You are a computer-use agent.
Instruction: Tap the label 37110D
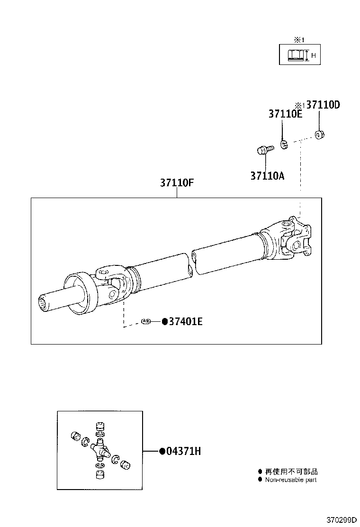pos(323,105)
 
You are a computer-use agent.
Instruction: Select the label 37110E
pos(285,114)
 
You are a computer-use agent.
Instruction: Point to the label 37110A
pos(267,176)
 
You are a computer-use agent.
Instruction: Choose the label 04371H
pos(183,452)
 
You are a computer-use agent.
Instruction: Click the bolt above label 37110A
pos(262,151)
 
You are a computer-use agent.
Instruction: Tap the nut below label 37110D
pos(319,136)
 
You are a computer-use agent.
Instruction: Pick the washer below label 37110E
pos(284,144)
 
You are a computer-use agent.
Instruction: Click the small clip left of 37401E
pos(146,322)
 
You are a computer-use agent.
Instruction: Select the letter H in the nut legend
pos(313,56)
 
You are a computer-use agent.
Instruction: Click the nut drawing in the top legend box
pos(296,56)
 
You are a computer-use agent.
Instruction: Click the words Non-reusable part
pos(291,480)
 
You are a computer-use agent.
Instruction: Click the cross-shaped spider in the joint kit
pos(99,448)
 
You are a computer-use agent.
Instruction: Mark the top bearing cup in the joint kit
pos(99,426)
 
